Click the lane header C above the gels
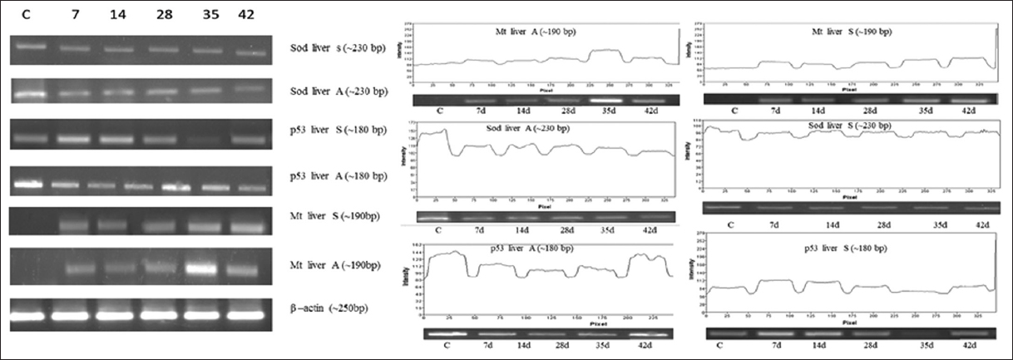point(26,16)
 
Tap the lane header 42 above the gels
point(246,16)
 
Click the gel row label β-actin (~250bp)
point(329,308)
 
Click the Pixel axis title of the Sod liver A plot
point(544,205)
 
